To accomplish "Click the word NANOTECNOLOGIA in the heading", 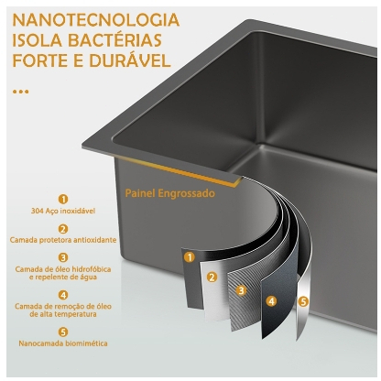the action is point(96,20).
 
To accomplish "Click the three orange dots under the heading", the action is point(21,92).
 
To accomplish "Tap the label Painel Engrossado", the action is point(170,193).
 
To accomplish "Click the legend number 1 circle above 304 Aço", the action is point(63,200).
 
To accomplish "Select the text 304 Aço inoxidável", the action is point(63,211).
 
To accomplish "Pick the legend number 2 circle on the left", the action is point(63,229).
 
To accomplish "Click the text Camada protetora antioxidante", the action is point(63,240).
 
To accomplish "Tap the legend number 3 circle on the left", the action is point(63,257).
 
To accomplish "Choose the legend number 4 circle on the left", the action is point(63,295).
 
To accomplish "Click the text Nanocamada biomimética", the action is point(63,343).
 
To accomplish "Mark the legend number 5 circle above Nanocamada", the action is point(63,332).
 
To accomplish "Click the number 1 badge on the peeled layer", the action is point(190,257).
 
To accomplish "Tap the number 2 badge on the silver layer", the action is point(212,278).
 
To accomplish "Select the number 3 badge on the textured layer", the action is point(242,290).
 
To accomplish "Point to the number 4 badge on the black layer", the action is point(271,301).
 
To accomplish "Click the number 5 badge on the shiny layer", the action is point(302,302).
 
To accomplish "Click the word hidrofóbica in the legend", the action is point(92,269).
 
